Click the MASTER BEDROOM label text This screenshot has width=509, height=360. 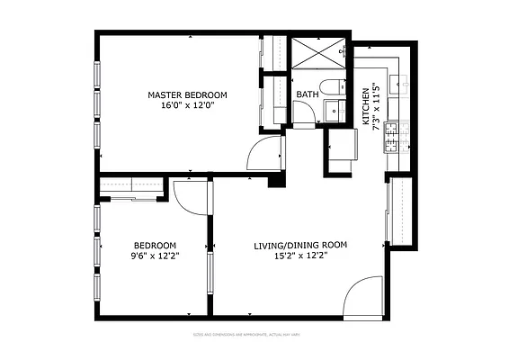click(187, 94)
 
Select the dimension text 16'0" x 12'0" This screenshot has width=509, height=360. click(187, 106)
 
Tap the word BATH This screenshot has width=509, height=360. click(307, 94)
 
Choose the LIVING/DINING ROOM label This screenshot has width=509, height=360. click(299, 245)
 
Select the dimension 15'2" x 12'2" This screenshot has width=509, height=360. click(299, 256)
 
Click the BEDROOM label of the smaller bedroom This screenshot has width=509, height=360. click(155, 246)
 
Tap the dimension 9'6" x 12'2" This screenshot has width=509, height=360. click(155, 256)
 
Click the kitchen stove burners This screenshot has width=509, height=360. click(395, 137)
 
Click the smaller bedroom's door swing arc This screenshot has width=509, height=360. click(192, 196)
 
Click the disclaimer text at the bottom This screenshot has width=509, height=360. click(254, 335)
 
